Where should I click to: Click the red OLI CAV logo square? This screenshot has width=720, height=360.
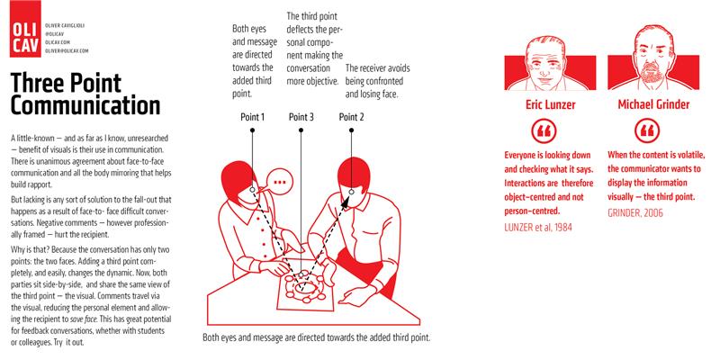(x=25, y=29)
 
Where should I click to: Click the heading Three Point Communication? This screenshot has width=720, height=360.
(x=85, y=94)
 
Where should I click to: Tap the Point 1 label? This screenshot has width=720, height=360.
(x=253, y=117)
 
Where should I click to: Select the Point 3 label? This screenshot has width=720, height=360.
(x=301, y=117)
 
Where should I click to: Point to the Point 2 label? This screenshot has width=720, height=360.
(x=351, y=117)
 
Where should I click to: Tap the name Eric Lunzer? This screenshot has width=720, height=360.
(x=550, y=104)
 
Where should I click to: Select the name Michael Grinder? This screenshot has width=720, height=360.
(x=653, y=104)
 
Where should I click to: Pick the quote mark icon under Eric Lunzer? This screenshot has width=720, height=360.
(x=544, y=130)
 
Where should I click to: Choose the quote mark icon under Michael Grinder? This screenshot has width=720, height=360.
(x=647, y=130)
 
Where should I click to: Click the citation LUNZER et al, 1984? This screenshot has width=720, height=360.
(x=538, y=227)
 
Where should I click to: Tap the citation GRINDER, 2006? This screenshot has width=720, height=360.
(x=635, y=213)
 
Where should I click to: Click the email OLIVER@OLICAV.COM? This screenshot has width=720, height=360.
(x=67, y=51)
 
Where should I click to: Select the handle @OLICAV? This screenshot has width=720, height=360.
(x=54, y=33)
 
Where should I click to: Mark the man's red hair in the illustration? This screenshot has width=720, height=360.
(x=354, y=172)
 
